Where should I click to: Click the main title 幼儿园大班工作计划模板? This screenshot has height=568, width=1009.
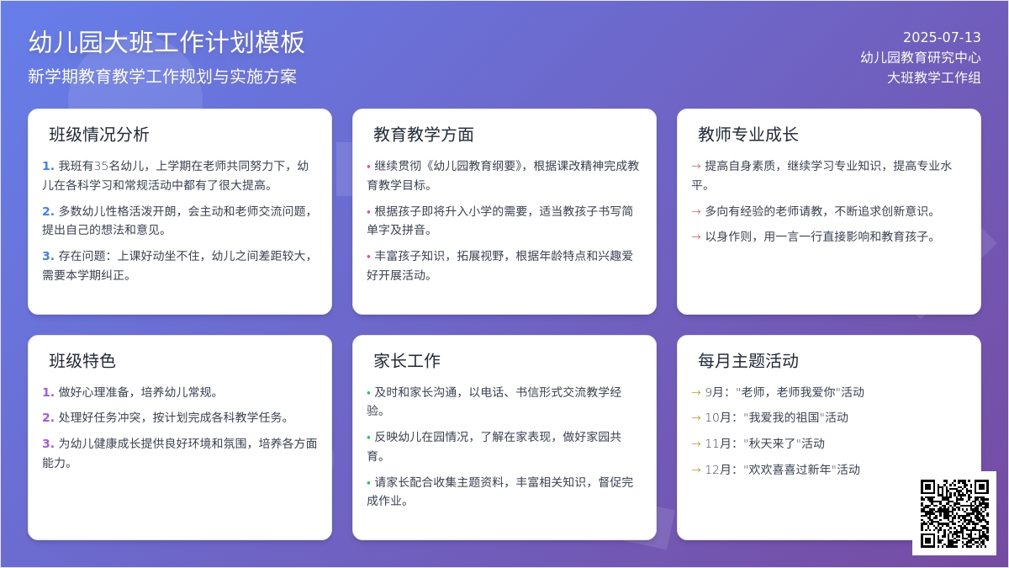pyautogui.click(x=166, y=42)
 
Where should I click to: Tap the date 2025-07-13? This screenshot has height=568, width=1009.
pyautogui.click(x=942, y=37)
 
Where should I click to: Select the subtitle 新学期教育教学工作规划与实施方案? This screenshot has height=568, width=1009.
pyautogui.click(x=162, y=77)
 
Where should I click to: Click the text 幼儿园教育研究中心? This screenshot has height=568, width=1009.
pyautogui.click(x=921, y=58)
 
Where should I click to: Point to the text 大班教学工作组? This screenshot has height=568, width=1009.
pyautogui.click(x=934, y=77)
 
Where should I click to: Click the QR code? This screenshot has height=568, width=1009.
pyautogui.click(x=954, y=513)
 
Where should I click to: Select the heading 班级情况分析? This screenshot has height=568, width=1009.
pyautogui.click(x=99, y=135)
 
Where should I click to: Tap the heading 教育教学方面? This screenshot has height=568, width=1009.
pyautogui.click(x=424, y=135)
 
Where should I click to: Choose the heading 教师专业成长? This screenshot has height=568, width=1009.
pyautogui.click(x=748, y=135)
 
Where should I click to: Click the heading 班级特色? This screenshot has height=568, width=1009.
pyautogui.click(x=82, y=361)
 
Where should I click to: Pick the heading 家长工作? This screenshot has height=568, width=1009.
pyautogui.click(x=407, y=361)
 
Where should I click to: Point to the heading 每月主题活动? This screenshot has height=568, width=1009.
pyautogui.click(x=748, y=361)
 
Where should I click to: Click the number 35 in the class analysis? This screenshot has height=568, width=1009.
pyautogui.click(x=102, y=167)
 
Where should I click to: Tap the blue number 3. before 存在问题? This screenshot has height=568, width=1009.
pyautogui.click(x=48, y=256)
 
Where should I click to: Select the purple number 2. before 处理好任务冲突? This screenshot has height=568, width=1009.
pyautogui.click(x=48, y=417)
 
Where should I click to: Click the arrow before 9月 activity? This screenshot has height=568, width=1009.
pyautogui.click(x=696, y=393)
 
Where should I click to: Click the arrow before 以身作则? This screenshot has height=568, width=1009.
pyautogui.click(x=696, y=236)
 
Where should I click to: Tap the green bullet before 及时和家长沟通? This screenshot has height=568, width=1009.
pyautogui.click(x=368, y=393)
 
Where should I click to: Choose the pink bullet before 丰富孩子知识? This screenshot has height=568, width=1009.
pyautogui.click(x=368, y=257)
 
